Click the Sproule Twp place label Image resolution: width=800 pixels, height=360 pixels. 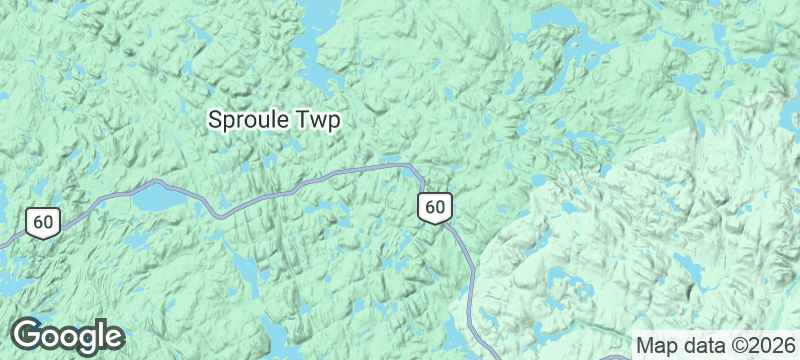coord(274,120)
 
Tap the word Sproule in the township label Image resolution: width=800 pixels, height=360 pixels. coord(249,120)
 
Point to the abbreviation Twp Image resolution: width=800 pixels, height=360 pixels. coord(319,120)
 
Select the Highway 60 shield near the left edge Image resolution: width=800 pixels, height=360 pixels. coord(42,222)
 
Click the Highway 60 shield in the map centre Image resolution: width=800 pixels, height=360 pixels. coord(434,207)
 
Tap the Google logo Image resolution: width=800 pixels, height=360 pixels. coord(67,336)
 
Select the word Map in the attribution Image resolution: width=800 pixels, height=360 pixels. coord(655,344)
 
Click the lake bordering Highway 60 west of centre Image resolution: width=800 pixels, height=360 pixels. coord(160,200)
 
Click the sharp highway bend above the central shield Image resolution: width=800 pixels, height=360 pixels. coord(411,168)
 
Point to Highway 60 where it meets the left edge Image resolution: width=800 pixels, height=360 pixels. coord(3,243)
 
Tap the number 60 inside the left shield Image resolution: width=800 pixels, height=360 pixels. coord(42,222)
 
